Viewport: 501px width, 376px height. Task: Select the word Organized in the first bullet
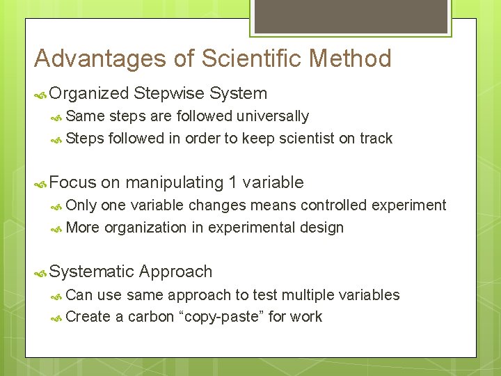click(90, 93)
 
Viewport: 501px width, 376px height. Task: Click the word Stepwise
click(169, 93)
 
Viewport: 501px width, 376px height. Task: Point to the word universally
click(272, 116)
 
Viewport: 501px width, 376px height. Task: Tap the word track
click(376, 139)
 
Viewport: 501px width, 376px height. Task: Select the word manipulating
click(173, 182)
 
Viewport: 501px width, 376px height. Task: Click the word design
click(322, 228)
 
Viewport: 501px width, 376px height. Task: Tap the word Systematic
click(92, 272)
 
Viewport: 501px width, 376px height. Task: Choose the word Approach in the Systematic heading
click(175, 272)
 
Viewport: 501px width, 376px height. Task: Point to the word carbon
click(151, 317)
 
